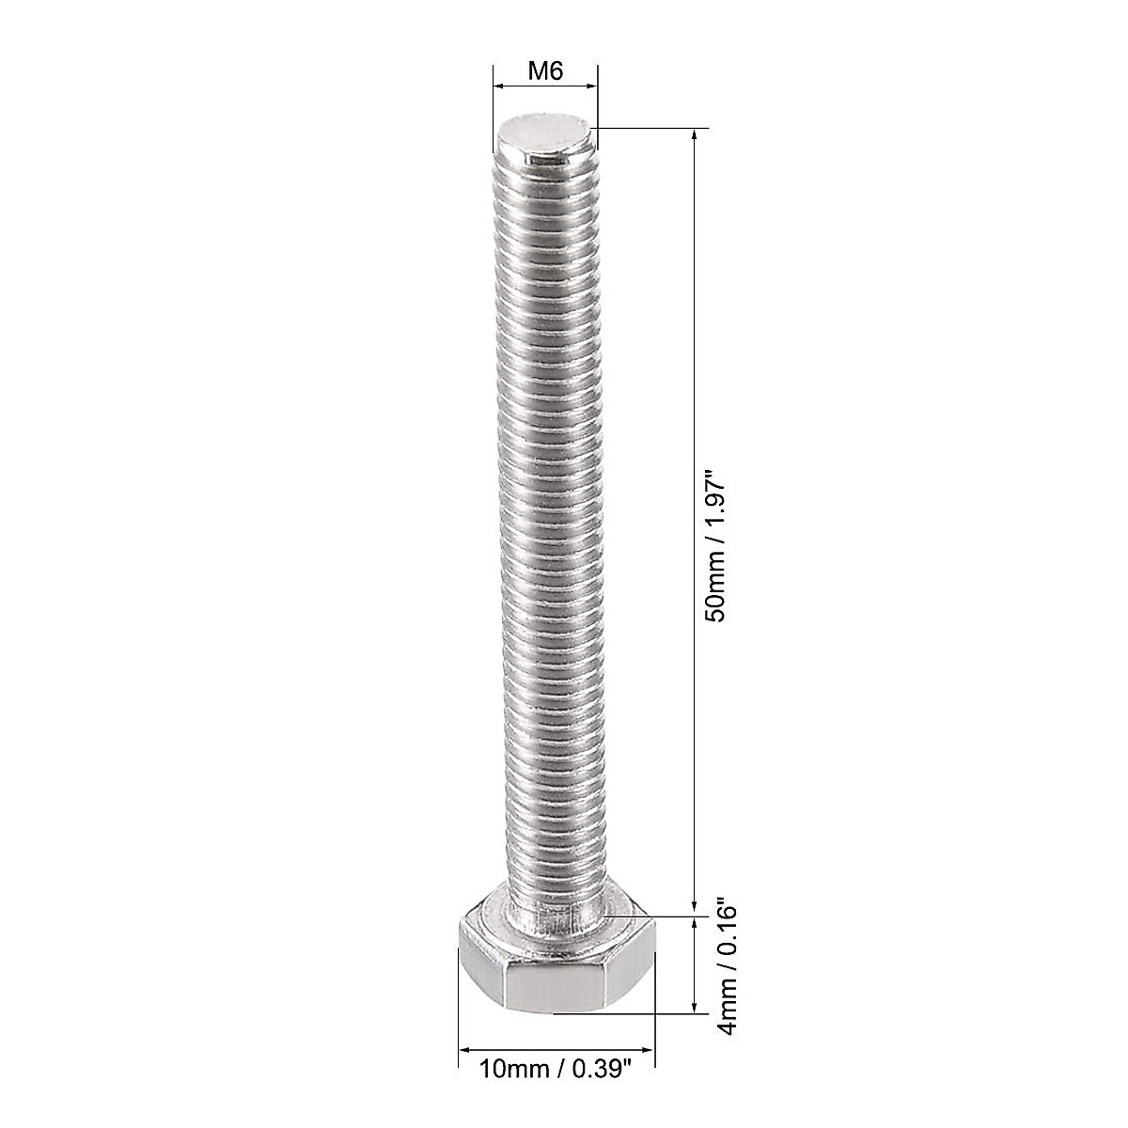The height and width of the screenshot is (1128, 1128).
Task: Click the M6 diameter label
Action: pyautogui.click(x=544, y=71)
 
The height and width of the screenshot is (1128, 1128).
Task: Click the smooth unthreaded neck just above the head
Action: pyautogui.click(x=555, y=910)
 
